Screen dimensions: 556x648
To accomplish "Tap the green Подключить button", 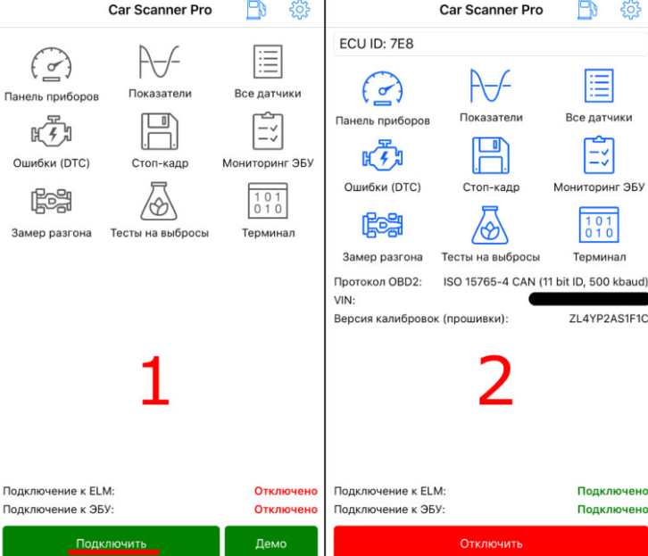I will (111, 543).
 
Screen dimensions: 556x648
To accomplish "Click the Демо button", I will (270, 543).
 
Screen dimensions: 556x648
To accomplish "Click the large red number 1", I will (155, 381).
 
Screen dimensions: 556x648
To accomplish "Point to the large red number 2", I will (495, 381).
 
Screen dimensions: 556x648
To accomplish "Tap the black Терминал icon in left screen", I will (268, 201).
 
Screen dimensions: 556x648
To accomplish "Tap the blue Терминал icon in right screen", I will (598, 225).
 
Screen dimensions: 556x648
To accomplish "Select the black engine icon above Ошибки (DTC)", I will (51, 132).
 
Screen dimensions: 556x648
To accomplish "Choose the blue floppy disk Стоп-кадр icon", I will (490, 155).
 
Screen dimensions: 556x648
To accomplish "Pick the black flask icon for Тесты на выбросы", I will (159, 201).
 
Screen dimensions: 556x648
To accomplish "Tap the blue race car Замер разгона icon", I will (382, 225).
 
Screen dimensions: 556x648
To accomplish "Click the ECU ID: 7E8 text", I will (377, 44).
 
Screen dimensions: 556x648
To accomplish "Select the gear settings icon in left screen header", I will (300, 10).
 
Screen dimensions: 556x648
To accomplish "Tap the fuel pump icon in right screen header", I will (587, 10).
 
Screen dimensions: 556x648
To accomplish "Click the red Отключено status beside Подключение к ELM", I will (286, 491).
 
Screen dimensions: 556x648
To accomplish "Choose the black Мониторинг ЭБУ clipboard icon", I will (268, 131).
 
